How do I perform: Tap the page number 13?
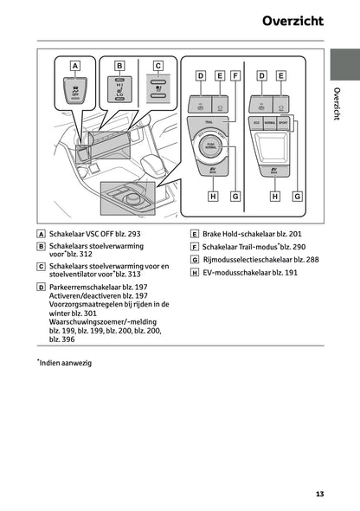tap(319, 495)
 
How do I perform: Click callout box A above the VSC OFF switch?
tap(75, 66)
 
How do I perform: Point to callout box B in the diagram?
tap(119, 65)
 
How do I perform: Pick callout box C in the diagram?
tap(157, 65)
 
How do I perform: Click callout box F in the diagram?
tap(235, 76)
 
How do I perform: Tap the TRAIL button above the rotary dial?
tap(210, 126)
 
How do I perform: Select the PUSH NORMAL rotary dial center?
tap(210, 148)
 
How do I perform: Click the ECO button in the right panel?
tap(257, 124)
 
